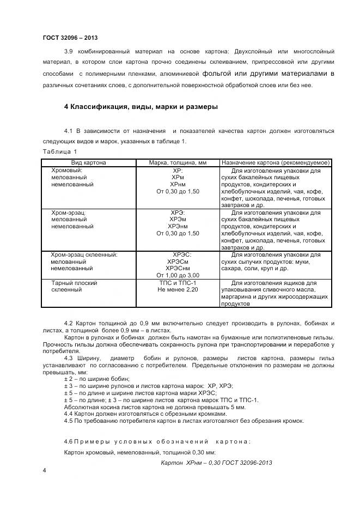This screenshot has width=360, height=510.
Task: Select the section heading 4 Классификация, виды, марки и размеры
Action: [x=141, y=107]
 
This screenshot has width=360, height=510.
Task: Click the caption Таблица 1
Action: [x=59, y=151]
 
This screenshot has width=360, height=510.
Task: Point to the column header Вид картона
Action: [x=88, y=162]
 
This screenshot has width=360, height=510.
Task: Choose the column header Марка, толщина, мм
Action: [x=178, y=162]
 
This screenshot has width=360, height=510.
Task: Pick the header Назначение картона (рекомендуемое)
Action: [x=276, y=162]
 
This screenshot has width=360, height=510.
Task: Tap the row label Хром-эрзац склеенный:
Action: [x=84, y=254]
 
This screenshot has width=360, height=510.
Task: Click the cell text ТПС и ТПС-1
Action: [x=178, y=283]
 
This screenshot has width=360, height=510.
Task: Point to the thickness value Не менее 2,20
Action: [x=178, y=290]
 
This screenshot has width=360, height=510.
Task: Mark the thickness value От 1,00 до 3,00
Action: [x=178, y=276]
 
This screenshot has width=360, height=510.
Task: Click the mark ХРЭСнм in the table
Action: [x=178, y=269]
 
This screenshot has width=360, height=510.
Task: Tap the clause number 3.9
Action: [x=69, y=52]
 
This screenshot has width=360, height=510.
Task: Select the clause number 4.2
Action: [x=69, y=324]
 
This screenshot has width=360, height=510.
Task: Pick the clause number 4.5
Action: [x=69, y=421]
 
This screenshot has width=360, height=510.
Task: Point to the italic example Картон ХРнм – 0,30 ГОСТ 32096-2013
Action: [x=216, y=463]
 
